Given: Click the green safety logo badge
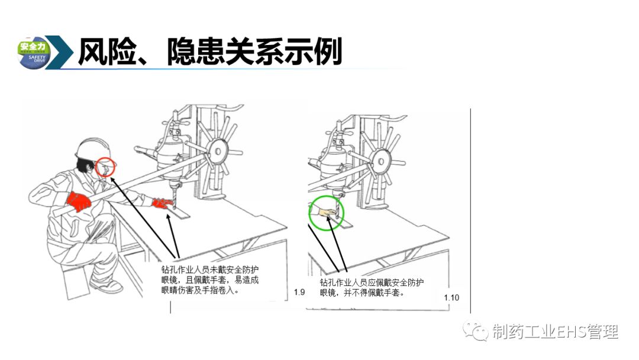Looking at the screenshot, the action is [x=34, y=53].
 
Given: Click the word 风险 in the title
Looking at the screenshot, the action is [x=107, y=52].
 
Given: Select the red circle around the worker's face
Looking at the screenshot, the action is [x=105, y=167].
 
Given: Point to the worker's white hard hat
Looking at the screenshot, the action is [x=93, y=149].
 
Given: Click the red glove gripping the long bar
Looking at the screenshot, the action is [x=78, y=201].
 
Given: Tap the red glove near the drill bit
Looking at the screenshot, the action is [x=162, y=203].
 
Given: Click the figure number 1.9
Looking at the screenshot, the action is [x=299, y=292].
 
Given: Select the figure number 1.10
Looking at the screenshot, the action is [x=451, y=298].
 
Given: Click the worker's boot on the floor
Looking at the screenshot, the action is [x=106, y=285].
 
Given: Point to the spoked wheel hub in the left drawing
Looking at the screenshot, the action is [x=217, y=152].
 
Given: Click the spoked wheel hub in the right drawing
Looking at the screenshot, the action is [x=380, y=162].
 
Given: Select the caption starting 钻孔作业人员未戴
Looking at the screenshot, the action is [x=209, y=280].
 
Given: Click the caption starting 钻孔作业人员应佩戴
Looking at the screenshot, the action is [x=371, y=287].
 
